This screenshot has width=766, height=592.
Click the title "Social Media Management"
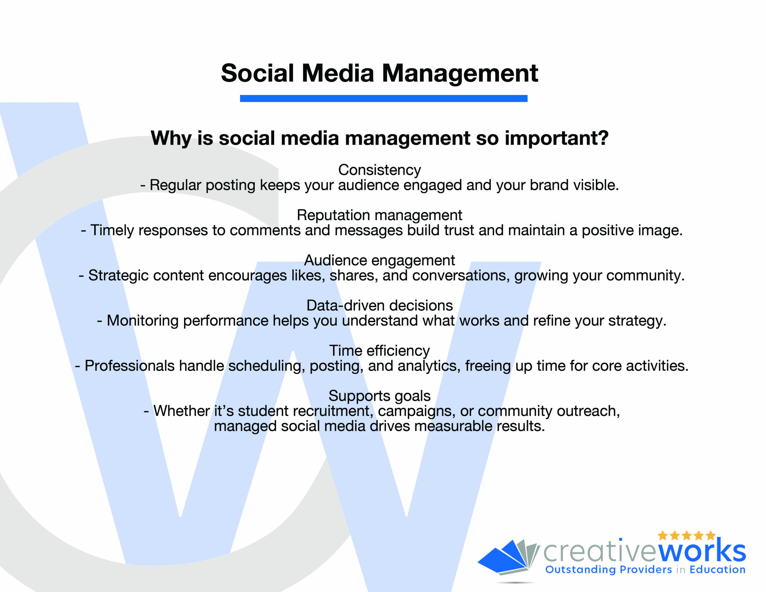(x=379, y=74)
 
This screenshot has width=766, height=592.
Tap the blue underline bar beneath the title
(x=383, y=98)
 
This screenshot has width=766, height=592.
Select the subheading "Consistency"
(x=379, y=170)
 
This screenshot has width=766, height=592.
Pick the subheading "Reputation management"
(x=379, y=215)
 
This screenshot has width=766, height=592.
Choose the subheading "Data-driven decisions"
(x=379, y=306)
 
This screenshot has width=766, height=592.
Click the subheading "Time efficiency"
(x=379, y=351)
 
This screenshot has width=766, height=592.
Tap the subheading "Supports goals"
(x=379, y=396)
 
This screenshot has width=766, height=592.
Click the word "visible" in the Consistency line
(x=595, y=185)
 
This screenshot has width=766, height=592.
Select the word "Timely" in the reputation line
(x=112, y=231)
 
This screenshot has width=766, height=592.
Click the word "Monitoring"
(x=142, y=321)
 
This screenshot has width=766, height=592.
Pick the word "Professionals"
(x=130, y=366)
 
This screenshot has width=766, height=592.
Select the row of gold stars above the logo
(x=686, y=535)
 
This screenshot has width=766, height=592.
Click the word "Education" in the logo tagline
(x=717, y=569)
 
